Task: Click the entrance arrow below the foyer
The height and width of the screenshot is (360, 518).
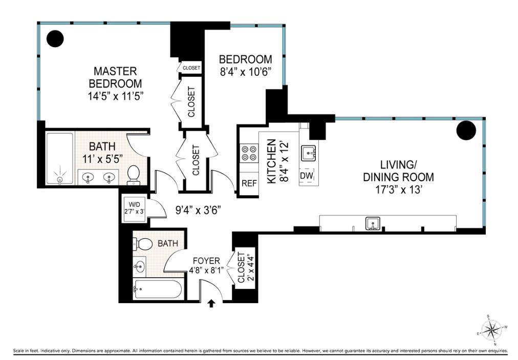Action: (211, 304)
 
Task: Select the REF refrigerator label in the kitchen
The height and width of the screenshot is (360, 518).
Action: (249, 183)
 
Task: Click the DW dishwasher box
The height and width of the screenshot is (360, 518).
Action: (306, 176)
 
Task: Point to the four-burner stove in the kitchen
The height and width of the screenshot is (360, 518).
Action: (249, 153)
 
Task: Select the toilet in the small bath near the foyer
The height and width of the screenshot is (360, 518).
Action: (143, 244)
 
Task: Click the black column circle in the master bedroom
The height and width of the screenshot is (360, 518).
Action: (55, 39)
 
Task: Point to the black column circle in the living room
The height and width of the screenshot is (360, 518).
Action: (466, 130)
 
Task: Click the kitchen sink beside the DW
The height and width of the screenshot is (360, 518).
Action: (309, 153)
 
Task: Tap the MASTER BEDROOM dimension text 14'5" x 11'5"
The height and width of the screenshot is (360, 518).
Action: (115, 96)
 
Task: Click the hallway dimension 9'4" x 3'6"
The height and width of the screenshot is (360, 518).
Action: (198, 210)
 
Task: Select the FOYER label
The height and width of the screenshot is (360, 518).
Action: (206, 261)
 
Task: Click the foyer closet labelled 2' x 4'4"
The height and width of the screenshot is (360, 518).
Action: (245, 268)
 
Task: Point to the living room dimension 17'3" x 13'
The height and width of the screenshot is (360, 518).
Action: (398, 190)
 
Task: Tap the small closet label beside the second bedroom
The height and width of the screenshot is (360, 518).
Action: (191, 68)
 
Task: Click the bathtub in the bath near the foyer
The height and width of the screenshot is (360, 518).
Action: (157, 289)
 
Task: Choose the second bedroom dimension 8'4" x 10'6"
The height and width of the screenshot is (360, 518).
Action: (246, 72)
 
